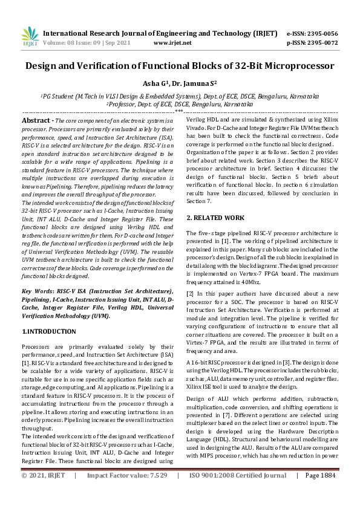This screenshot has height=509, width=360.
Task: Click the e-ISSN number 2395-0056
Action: click(x=321, y=34)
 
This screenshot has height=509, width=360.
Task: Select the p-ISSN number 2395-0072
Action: click(x=321, y=43)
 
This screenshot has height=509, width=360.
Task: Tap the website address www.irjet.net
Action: click(x=172, y=43)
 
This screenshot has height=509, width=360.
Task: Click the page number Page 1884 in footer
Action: click(x=319, y=493)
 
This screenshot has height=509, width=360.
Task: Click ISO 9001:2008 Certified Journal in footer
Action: click(x=237, y=493)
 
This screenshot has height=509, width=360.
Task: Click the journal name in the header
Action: click(x=160, y=33)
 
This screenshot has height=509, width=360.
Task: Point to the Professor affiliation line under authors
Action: click(x=180, y=104)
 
